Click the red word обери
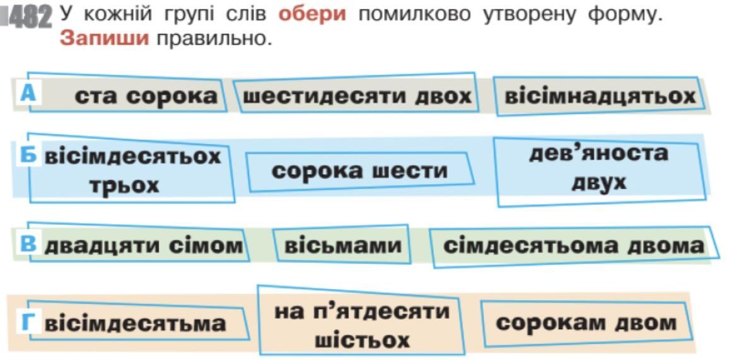tap(312, 14)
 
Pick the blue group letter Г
tap(28, 323)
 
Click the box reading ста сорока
tap(145, 96)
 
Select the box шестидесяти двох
tap(357, 96)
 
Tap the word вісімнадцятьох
tap(600, 96)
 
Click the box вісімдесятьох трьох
tap(132, 170)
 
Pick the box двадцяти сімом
tap(143, 245)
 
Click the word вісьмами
tap(343, 245)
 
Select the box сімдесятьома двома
tap(573, 245)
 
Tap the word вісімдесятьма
tap(135, 323)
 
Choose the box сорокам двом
tap(586, 323)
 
